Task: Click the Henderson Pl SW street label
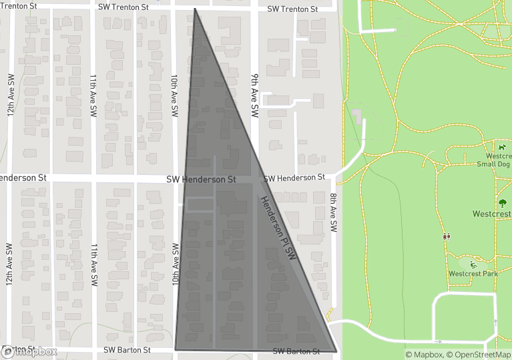[278, 228]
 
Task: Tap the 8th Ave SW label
[333, 212]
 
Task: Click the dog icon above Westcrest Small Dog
[501, 147]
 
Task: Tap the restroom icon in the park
[445, 236]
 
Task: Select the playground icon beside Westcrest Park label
[473, 264]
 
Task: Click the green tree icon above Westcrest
[502, 203]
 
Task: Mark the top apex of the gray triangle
[195, 9]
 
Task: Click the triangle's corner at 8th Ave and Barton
[336, 351]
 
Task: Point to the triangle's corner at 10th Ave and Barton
[175, 349]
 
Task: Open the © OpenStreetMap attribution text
[479, 355]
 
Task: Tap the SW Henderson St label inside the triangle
[201, 180]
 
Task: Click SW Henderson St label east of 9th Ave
[294, 178]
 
